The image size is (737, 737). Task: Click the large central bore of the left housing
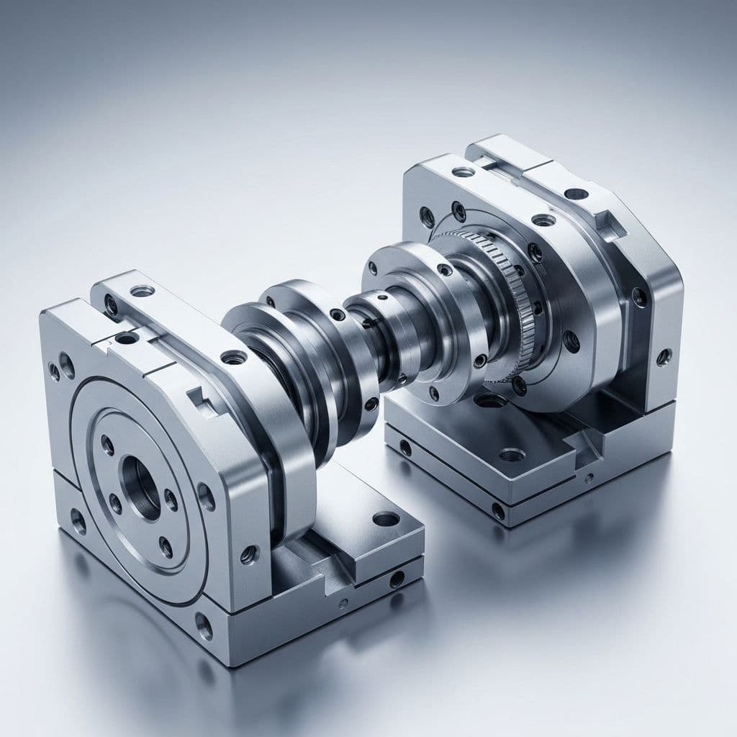point(141,487)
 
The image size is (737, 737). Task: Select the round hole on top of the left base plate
point(386,518)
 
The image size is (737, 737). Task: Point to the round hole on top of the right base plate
point(510,454)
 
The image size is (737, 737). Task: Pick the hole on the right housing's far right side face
point(663,356)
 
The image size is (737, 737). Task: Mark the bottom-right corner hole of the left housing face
point(204,625)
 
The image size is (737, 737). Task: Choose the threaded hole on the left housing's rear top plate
point(142,291)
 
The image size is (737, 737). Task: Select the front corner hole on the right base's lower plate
point(498,511)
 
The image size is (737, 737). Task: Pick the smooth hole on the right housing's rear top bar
point(576,194)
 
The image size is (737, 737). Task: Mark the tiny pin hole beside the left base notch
point(343,603)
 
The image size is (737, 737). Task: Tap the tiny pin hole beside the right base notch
point(589,478)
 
